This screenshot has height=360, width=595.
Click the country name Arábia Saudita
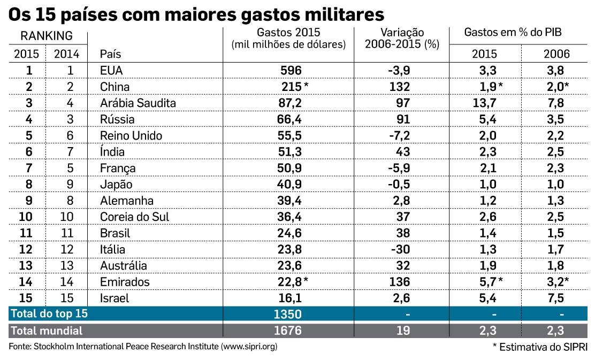[138, 103]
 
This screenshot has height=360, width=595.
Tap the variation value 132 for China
[400, 87]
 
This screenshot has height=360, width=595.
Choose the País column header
[110, 54]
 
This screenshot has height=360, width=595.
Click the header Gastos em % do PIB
[516, 33]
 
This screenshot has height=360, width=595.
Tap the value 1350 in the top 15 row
[288, 314]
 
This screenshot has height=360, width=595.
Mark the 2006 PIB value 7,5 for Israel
[556, 298]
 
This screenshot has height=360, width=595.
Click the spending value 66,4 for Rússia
[291, 119]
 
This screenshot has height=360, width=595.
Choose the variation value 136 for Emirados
[400, 282]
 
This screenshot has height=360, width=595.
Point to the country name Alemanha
[127, 201]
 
